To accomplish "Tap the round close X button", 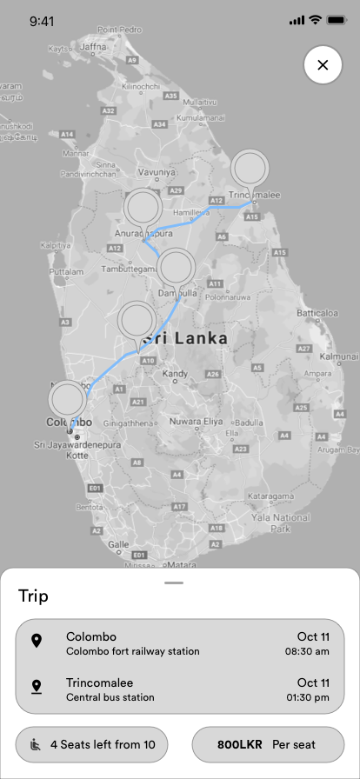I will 323,65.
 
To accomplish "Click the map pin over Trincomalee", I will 250,168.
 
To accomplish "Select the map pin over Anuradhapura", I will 143,208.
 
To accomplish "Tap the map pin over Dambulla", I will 177,267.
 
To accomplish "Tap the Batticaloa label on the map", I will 317,313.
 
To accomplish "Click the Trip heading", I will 34,596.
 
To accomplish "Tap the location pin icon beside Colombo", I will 37,642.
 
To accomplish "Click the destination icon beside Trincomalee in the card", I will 37,689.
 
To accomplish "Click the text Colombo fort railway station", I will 133,651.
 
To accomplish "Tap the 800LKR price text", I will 238,744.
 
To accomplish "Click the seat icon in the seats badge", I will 37,744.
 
